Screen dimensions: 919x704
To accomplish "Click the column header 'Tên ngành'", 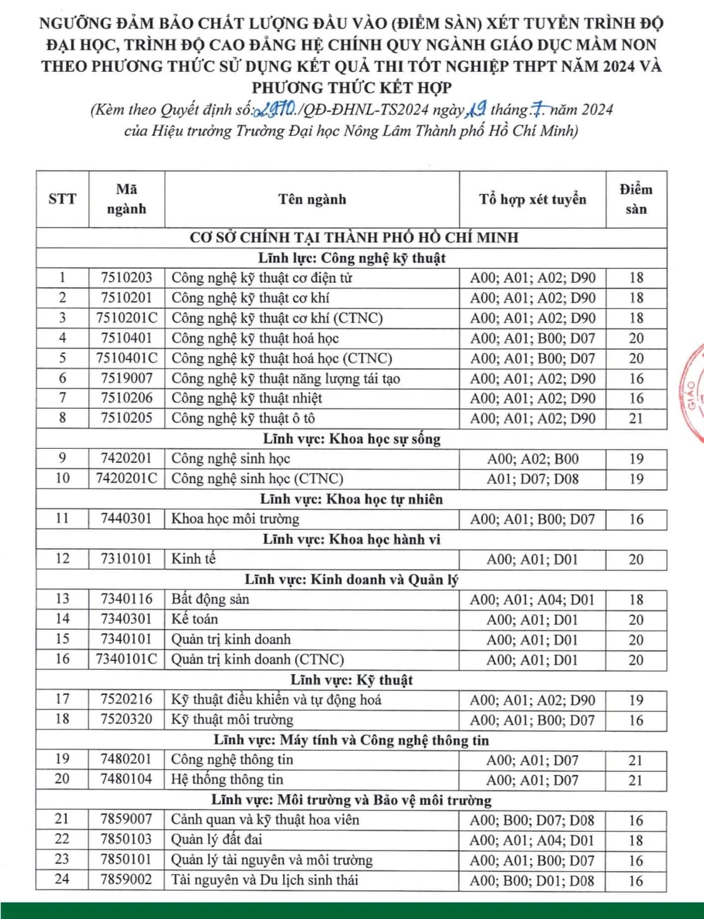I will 312,199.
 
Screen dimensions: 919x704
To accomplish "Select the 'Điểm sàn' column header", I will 636,199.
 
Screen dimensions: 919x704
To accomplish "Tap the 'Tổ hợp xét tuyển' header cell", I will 532,199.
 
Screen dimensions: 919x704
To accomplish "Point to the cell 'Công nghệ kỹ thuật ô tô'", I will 243,418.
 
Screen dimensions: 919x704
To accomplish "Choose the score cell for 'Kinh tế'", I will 636,559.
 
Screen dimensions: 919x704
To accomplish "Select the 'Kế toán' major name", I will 195,619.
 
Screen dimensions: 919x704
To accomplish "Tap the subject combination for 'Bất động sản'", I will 532,600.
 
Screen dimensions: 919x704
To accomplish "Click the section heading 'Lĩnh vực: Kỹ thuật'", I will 351,680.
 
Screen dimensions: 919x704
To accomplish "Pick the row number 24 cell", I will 63,880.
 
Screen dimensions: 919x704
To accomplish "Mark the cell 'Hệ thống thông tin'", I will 227,779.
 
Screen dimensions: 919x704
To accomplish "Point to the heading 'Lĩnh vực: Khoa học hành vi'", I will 351,540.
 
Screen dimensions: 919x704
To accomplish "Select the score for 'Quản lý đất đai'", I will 636,839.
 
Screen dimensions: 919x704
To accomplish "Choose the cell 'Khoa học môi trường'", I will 235,519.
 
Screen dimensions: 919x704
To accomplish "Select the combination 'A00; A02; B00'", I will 532,459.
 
